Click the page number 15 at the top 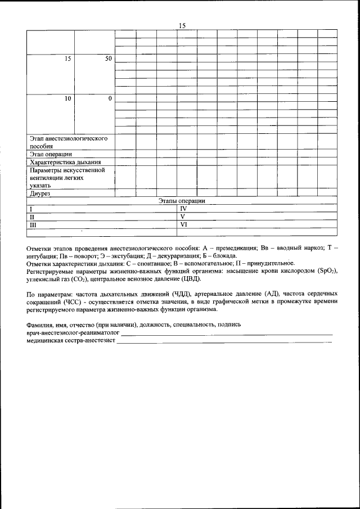[182, 25]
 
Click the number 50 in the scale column [109, 58]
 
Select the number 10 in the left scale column [67, 98]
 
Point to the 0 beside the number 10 [110, 98]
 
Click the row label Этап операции [50, 154]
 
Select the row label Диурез [40, 193]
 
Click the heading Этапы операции [181, 201]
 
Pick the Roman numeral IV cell [183, 208]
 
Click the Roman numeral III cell [33, 224]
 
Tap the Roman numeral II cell [31, 217]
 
